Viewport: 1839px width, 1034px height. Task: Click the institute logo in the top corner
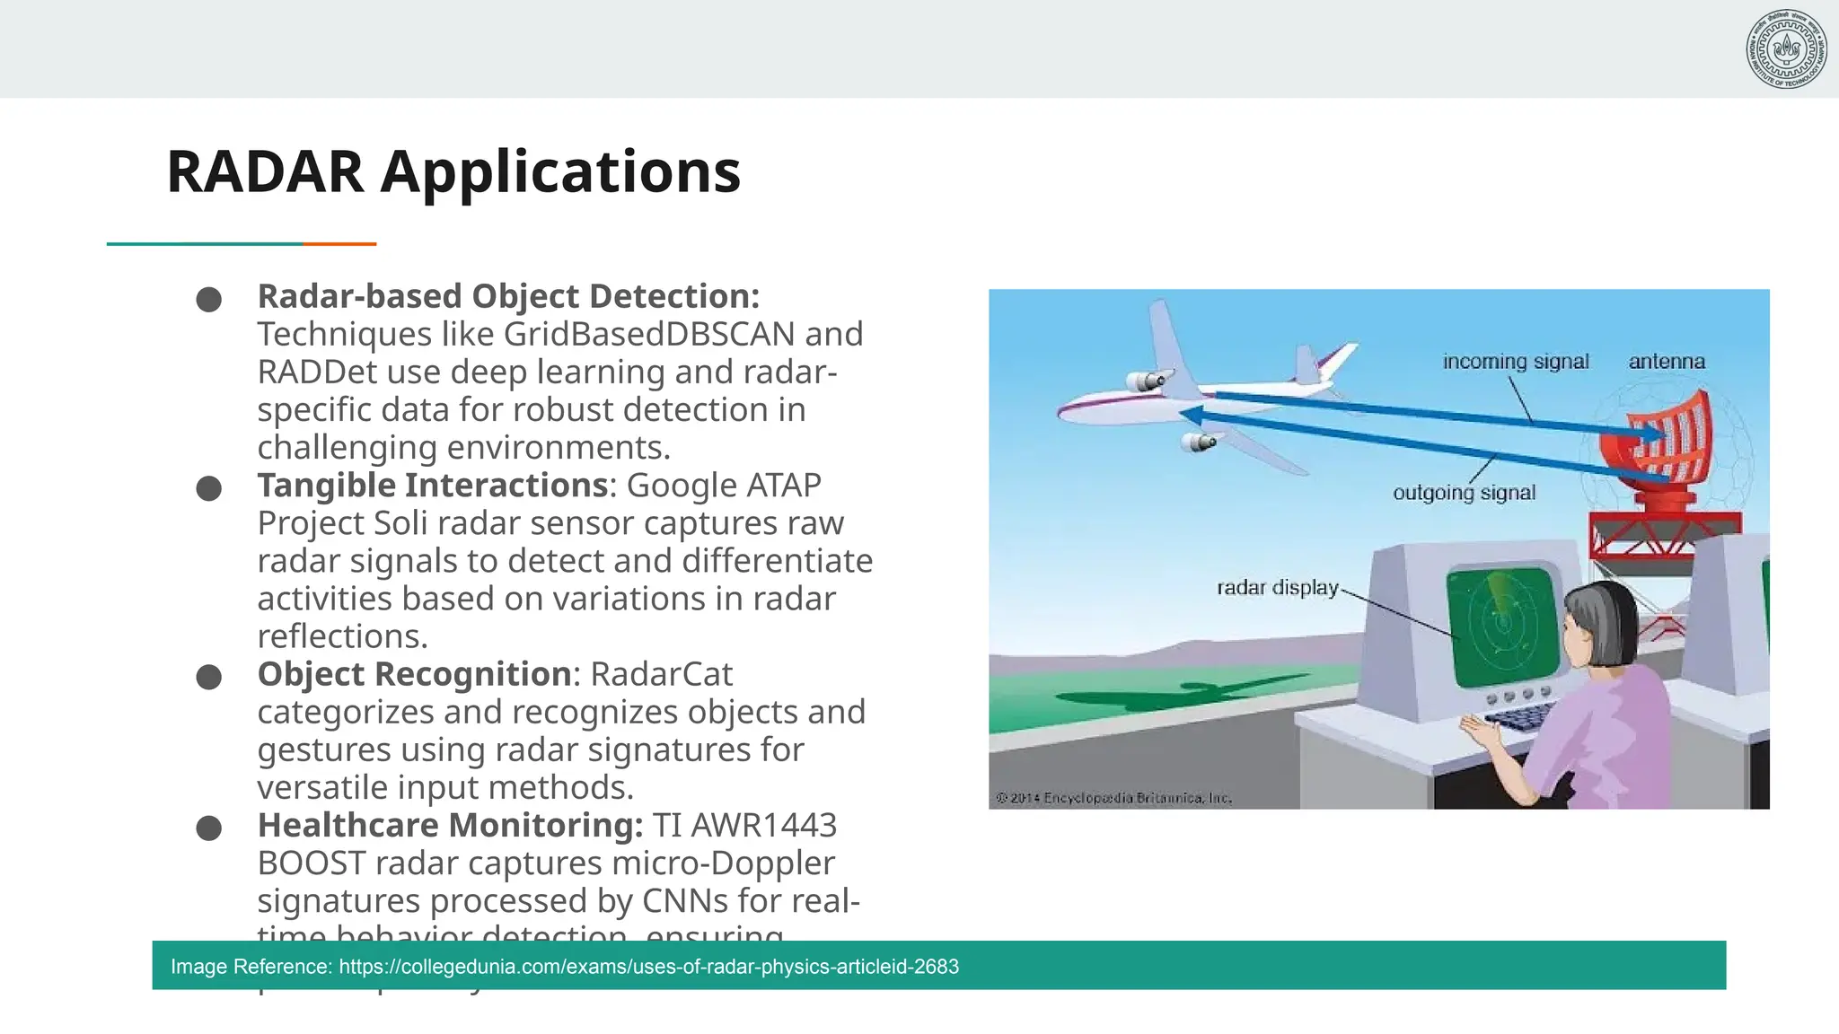coord(1786,48)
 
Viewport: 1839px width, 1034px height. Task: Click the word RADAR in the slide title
coord(265,171)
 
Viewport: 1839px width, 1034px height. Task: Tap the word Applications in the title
coord(560,171)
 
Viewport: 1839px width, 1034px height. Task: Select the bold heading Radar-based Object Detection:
coord(508,296)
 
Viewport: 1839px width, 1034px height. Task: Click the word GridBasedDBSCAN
coord(648,334)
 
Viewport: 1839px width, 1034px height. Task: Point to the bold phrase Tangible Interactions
coord(433,485)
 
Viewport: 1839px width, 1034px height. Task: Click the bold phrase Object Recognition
coord(414,674)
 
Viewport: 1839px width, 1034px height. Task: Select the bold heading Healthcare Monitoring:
coord(450,825)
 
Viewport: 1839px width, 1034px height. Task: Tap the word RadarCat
coord(661,674)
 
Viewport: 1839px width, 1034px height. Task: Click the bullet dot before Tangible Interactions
coord(209,488)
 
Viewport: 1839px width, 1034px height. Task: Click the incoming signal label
coord(1515,361)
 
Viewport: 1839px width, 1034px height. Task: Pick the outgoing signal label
coord(1464,492)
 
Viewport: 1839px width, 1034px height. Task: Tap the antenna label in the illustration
coord(1666,361)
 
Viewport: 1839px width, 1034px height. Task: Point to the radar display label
coord(1277,587)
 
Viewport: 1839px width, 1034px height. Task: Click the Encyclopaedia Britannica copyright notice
coord(1113,797)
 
